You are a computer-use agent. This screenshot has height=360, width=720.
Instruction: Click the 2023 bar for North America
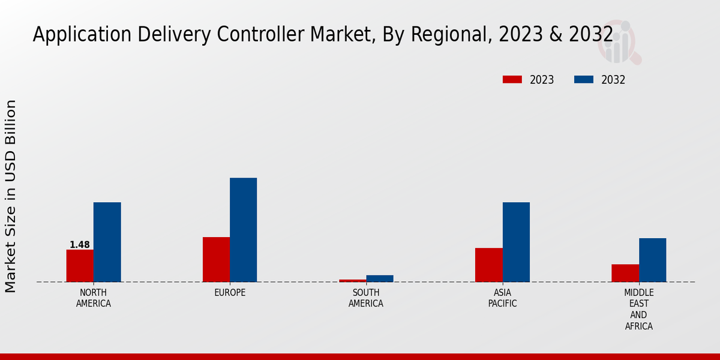(80, 266)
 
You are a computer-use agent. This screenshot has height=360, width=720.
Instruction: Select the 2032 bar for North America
(107, 242)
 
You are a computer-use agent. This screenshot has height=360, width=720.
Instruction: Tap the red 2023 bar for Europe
(216, 259)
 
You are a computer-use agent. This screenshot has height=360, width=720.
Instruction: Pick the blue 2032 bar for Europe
(243, 230)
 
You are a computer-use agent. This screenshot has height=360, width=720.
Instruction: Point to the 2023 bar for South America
(352, 280)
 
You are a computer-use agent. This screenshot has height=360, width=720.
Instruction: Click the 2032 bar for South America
(380, 278)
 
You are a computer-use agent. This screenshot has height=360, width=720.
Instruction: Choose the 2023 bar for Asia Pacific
(488, 265)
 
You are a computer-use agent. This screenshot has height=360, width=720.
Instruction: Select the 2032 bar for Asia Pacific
(516, 242)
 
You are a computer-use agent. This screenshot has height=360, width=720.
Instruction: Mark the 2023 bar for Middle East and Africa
(625, 273)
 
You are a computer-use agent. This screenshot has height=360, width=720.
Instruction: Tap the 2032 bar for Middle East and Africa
(652, 260)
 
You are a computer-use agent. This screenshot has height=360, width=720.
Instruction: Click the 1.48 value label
(80, 245)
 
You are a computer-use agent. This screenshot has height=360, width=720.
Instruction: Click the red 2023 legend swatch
(512, 80)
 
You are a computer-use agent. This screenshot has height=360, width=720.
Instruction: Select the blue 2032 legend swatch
(584, 80)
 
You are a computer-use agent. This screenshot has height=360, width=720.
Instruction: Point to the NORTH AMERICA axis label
(93, 298)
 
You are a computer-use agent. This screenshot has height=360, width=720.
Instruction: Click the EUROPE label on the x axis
(230, 293)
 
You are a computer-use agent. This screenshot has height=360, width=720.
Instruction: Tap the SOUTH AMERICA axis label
(366, 298)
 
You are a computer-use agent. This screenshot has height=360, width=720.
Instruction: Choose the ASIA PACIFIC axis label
(502, 298)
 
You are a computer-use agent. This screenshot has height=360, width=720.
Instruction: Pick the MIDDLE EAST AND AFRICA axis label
(638, 310)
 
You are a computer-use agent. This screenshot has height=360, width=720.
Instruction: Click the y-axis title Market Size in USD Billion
(11, 196)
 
